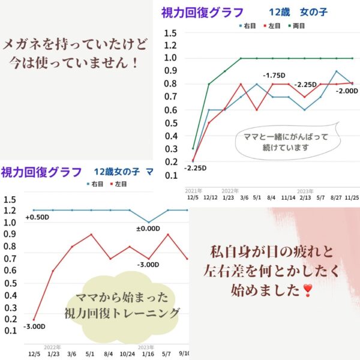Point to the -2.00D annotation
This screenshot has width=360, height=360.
pyautogui.click(x=347, y=90)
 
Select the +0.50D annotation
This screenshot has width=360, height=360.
pyautogui.click(x=37, y=217)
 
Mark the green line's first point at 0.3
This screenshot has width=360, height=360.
pyautogui.click(x=193, y=148)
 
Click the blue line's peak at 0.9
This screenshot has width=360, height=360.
pyautogui.click(x=336, y=71)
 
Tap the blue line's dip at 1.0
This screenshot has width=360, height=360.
pyautogui.click(x=149, y=223)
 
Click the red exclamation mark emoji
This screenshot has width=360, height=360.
pyautogui.click(x=308, y=292)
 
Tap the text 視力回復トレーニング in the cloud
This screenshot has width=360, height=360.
pyautogui.click(x=122, y=313)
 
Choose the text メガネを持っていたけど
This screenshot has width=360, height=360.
pyautogui.click(x=75, y=44)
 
